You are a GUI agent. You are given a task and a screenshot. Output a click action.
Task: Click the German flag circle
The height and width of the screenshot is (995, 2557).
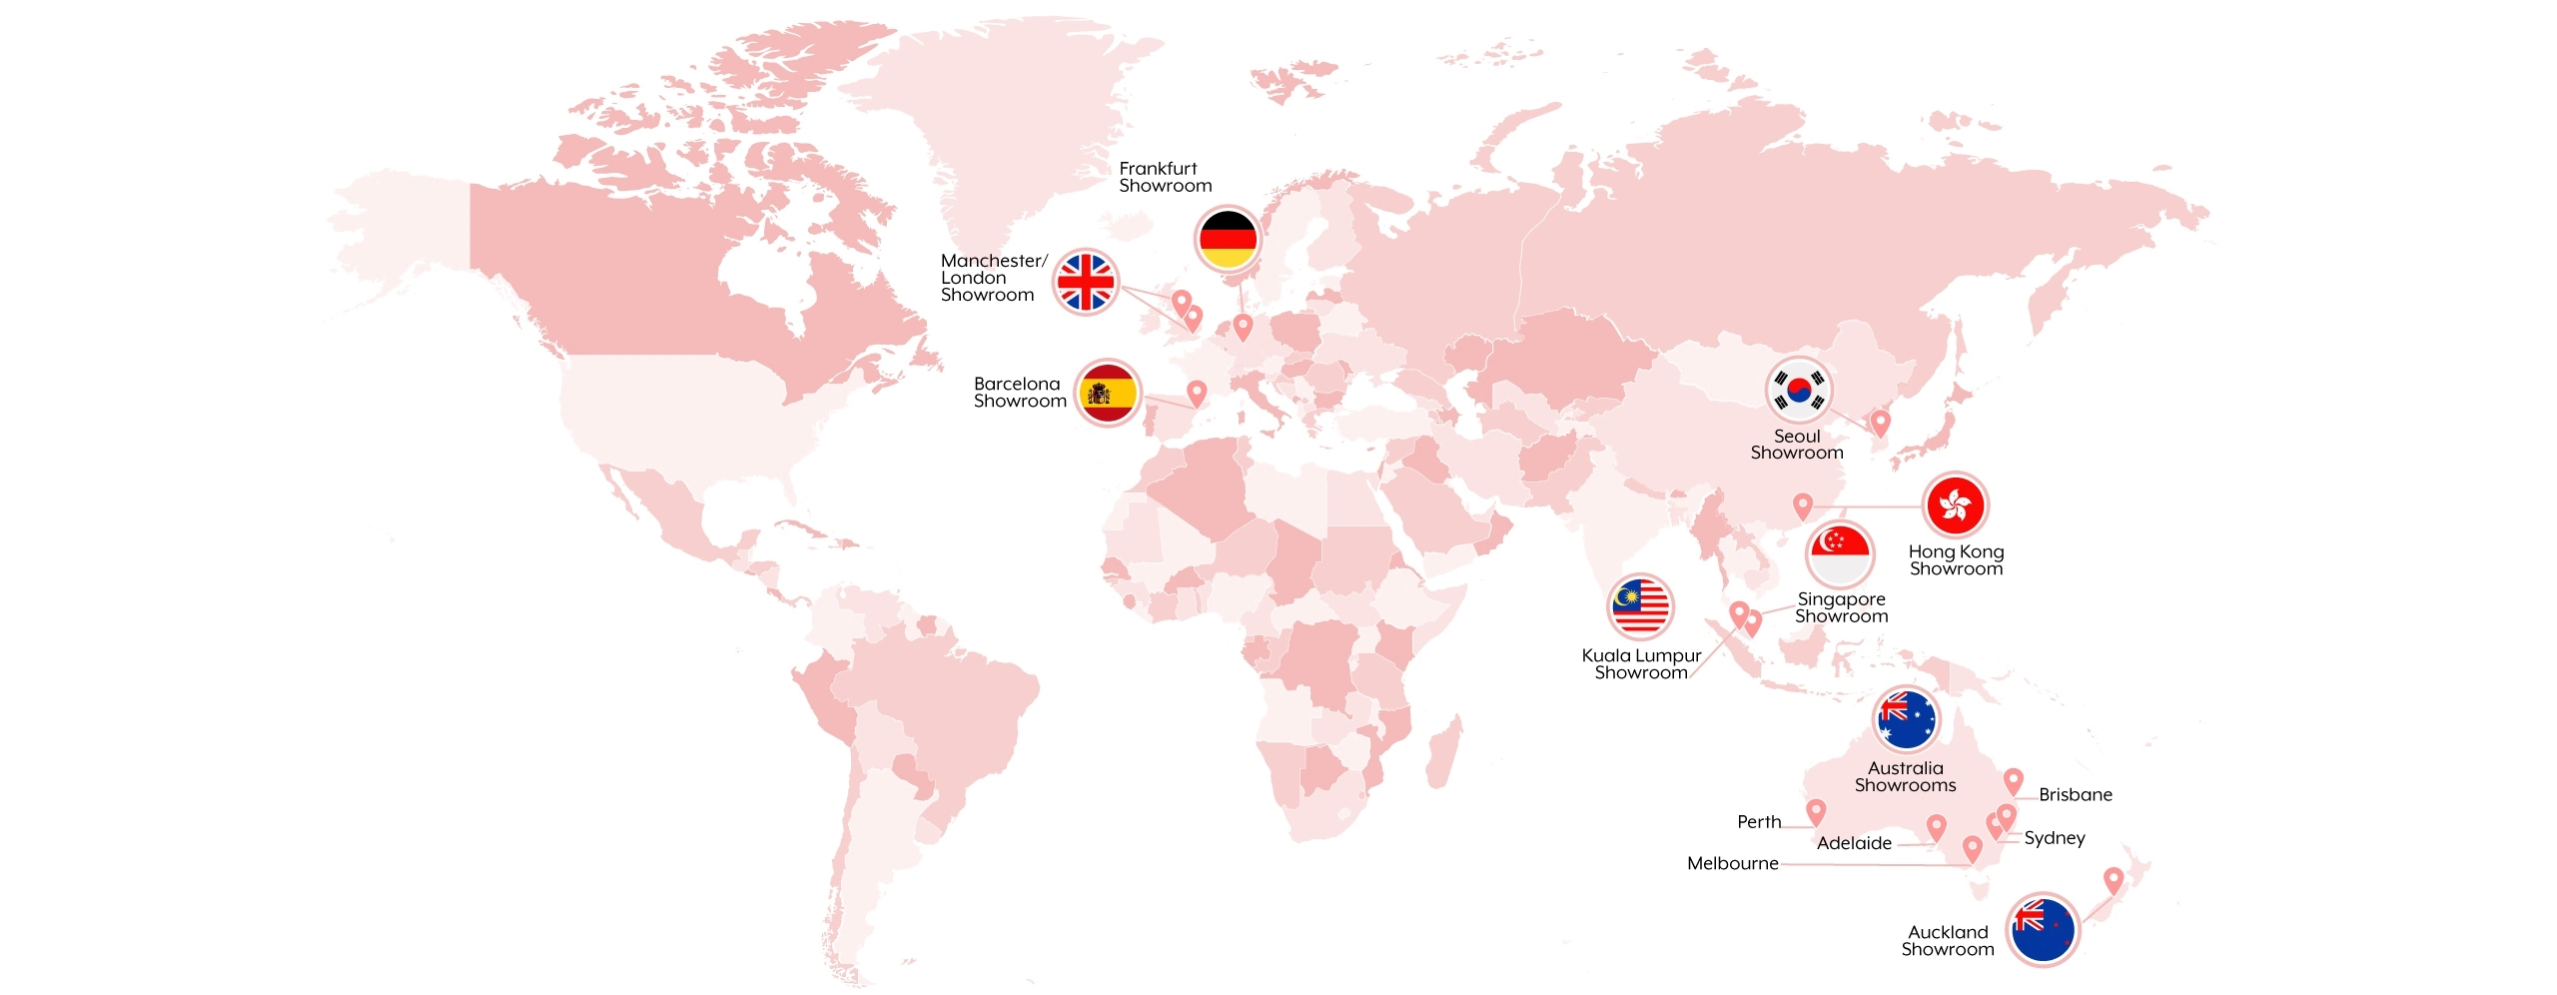click(x=1228, y=239)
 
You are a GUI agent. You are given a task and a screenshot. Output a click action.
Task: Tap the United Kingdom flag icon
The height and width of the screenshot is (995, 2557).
click(x=1085, y=282)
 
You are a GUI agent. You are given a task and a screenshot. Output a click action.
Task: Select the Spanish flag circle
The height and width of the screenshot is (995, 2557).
click(x=1108, y=393)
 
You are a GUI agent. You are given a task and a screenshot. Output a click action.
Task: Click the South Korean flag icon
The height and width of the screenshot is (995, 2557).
click(x=1798, y=389)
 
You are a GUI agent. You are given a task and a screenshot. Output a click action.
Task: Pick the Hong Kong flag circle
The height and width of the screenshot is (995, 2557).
click(x=1955, y=504)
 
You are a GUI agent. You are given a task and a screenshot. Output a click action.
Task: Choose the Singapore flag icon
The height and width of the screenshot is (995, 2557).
click(x=1840, y=554)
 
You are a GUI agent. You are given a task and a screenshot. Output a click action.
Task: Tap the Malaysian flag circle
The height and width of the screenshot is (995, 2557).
click(x=1640, y=606)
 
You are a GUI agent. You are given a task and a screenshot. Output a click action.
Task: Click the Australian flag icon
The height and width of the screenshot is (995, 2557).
click(x=1906, y=719)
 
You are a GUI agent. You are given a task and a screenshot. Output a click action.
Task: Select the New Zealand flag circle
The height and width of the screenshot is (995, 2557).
click(x=2043, y=928)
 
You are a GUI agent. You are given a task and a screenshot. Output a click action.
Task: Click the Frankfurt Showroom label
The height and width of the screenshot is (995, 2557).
click(x=1165, y=177)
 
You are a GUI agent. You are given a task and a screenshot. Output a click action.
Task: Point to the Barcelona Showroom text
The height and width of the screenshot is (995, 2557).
click(x=1020, y=392)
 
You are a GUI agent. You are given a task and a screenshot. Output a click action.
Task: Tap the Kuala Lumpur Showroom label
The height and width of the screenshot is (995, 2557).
click(x=1641, y=663)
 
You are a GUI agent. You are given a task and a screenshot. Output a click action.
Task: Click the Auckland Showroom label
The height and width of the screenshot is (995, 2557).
click(x=1948, y=940)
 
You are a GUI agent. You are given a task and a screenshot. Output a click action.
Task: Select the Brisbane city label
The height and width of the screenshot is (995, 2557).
click(x=2076, y=794)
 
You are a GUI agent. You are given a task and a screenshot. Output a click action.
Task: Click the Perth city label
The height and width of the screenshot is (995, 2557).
click(x=1759, y=821)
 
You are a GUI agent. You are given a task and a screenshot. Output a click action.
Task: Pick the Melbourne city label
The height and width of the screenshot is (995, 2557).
click(x=1733, y=863)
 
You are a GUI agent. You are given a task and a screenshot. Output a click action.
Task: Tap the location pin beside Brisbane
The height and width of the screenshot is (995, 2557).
click(x=2014, y=780)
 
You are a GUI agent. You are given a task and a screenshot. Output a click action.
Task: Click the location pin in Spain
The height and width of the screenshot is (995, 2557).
click(x=1197, y=392)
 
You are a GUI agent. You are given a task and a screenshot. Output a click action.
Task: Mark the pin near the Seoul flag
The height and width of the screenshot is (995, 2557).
click(x=1880, y=422)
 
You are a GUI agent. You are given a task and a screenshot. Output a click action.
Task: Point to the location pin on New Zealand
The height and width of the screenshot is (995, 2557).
click(x=2114, y=879)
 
